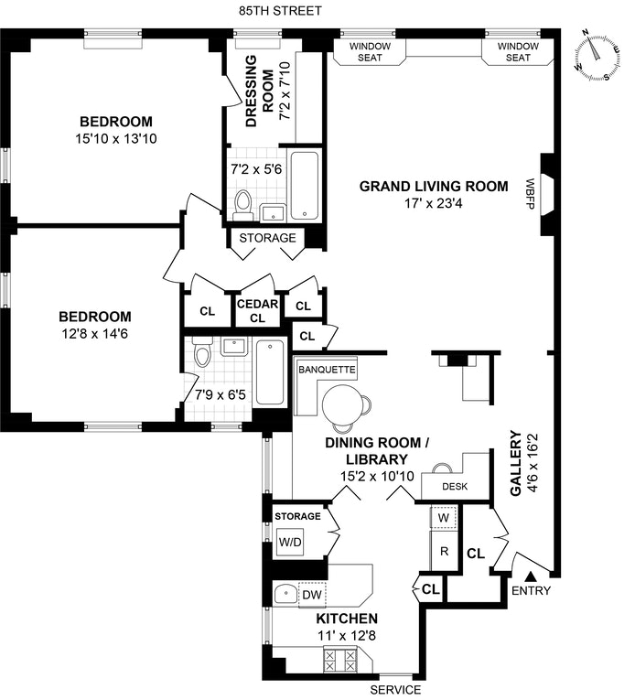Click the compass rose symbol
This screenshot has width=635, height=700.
pyautogui.click(x=597, y=56)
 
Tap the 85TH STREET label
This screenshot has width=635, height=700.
pyautogui.click(x=280, y=11)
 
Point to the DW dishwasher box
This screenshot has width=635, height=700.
pyautogui.click(x=312, y=595)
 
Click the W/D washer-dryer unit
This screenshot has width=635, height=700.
pyautogui.click(x=290, y=542)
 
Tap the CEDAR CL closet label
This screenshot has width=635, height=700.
pyautogui.click(x=257, y=311)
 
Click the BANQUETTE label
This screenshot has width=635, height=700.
pyautogui.click(x=327, y=370)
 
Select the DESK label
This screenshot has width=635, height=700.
pyautogui.click(x=455, y=486)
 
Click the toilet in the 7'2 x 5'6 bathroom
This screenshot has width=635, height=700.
pyautogui.click(x=243, y=205)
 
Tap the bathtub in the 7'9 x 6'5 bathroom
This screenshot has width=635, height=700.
pyautogui.click(x=270, y=372)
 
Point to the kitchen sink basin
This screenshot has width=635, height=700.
pyautogui.click(x=285, y=594)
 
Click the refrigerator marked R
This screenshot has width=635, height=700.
pyautogui.click(x=444, y=551)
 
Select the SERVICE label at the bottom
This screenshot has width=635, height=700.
pyautogui.click(x=395, y=690)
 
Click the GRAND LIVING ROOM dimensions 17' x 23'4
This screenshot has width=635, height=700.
pyautogui.click(x=433, y=203)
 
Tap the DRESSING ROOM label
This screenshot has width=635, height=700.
pyautogui.click(x=260, y=92)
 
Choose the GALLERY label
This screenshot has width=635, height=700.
pyautogui.click(x=516, y=463)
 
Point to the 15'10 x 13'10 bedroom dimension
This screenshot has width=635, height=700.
pyautogui.click(x=116, y=139)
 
